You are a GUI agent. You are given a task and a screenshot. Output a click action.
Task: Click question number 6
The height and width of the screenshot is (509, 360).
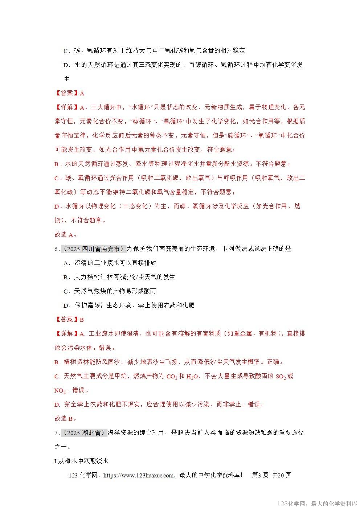[57, 249]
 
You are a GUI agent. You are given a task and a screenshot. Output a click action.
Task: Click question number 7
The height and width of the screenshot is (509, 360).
[57, 433]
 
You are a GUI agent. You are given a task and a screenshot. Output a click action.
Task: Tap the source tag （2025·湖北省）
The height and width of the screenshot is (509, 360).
[84, 433]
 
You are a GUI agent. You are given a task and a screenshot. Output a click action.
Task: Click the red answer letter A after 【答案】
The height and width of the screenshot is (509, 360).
[82, 93]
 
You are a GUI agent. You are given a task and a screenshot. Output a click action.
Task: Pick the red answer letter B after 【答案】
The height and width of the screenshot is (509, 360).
[82, 320]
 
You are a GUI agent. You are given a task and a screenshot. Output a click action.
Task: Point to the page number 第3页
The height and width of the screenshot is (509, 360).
[260, 475]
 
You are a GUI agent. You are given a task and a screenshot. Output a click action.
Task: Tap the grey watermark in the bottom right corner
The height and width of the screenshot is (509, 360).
[317, 504]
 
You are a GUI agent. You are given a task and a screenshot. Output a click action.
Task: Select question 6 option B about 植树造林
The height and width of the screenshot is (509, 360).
[119, 277]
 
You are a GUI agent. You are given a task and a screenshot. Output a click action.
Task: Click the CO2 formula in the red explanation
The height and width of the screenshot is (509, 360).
[172, 377]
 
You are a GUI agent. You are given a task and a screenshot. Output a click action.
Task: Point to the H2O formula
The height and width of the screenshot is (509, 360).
[192, 377]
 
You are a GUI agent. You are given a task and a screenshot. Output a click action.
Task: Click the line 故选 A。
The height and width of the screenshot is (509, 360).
[65, 235]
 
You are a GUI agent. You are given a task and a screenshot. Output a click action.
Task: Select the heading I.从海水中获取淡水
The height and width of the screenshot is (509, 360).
[82, 461]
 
